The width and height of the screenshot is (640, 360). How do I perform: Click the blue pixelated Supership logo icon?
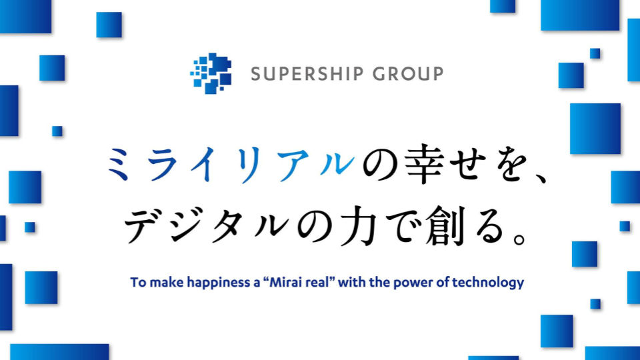click(x=211, y=73)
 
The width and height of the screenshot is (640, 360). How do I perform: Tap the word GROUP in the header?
click(x=408, y=74)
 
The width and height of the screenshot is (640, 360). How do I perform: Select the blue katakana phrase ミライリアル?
click(x=231, y=164)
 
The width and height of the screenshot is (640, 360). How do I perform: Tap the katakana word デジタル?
click(x=207, y=226)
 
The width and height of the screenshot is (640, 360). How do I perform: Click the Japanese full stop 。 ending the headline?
click(x=519, y=239)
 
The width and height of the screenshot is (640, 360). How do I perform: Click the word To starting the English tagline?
click(x=138, y=283)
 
